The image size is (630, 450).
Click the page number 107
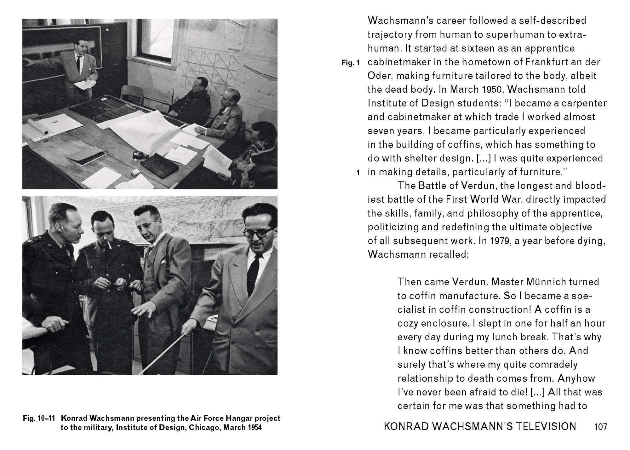coord(600,427)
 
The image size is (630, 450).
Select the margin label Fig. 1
coord(350,63)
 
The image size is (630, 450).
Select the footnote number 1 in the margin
coord(358,172)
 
